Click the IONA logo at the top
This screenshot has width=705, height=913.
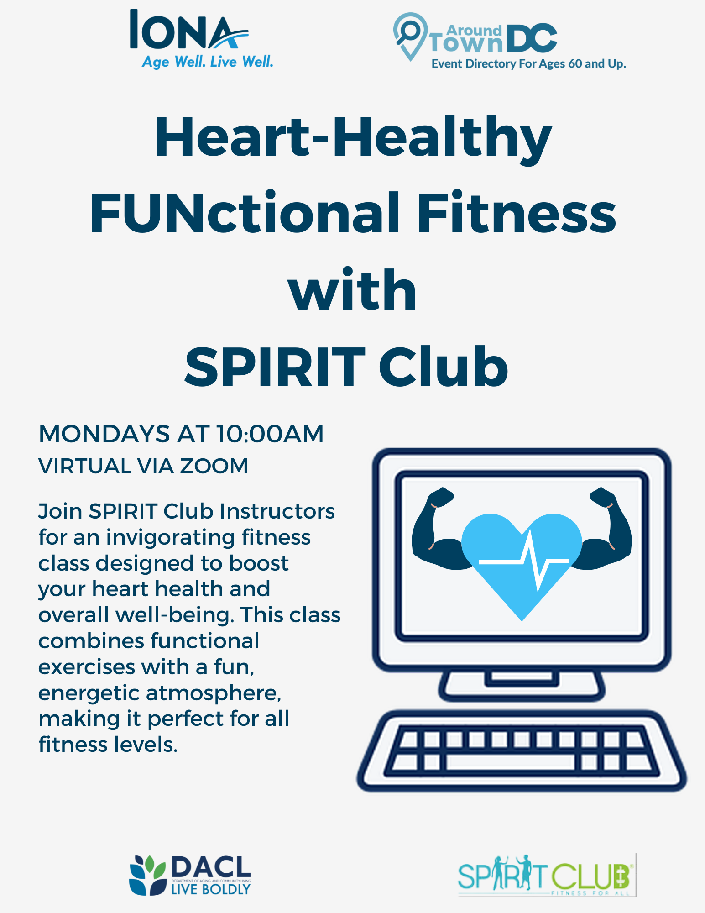point(201,39)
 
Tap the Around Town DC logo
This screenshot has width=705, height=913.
point(509,42)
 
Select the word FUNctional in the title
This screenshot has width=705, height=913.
point(245,214)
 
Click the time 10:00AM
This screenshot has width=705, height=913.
point(270,434)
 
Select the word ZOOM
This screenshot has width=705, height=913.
point(214,466)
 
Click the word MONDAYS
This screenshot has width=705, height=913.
point(104,434)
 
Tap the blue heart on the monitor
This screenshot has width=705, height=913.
point(522,566)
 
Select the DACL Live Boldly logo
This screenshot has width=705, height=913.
point(190,875)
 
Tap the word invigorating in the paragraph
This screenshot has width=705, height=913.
point(170,537)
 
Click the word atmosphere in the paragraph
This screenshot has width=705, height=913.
point(214,693)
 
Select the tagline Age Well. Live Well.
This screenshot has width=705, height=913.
point(208,61)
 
